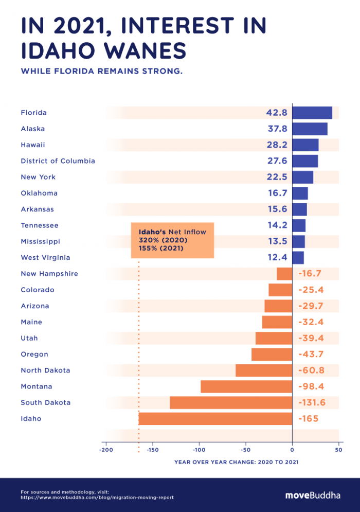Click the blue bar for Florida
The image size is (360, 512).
point(312,113)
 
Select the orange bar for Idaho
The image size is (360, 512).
point(215,419)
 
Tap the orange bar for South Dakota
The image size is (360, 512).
point(231,402)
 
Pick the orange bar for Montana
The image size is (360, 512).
point(246,386)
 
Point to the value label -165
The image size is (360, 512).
point(309,419)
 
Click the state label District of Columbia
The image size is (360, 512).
point(58,161)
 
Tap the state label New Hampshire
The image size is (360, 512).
point(49,274)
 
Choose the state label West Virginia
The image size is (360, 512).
point(45,257)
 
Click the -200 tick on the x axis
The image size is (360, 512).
point(105,450)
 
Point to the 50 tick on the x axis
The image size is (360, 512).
point(338,450)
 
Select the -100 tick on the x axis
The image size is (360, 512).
point(199,450)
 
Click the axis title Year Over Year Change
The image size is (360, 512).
point(236,462)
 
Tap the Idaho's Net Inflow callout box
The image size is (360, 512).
point(172,240)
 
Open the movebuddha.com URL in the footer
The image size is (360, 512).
point(97,498)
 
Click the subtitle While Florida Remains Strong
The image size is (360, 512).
point(101,71)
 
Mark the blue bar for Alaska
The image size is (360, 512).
point(310,129)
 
